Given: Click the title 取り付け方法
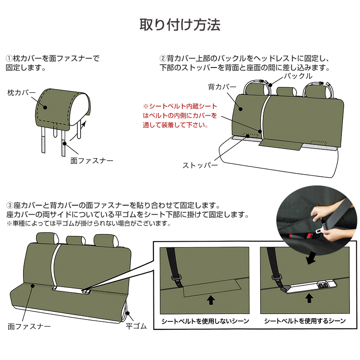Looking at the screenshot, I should point(180,25).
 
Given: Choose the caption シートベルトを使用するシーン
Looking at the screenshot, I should point(305,321).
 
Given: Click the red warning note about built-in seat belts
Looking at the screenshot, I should point(180,116).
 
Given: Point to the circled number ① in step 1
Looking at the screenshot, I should point(9,59).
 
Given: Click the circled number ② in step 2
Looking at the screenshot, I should point(163,59).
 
